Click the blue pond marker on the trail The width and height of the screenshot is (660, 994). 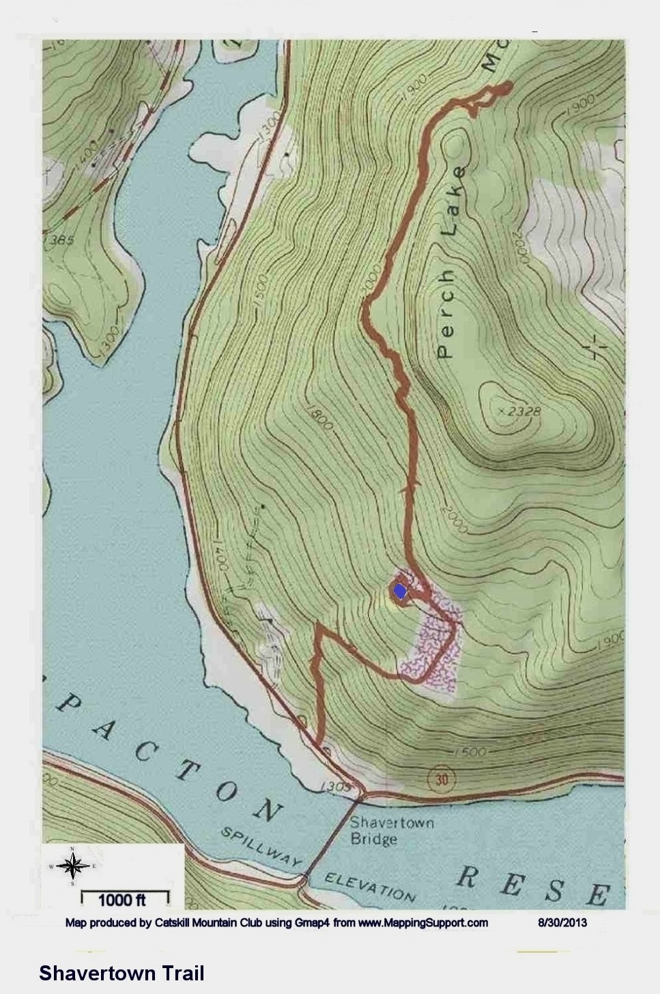pos(399,591)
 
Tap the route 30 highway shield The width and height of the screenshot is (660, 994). pos(442,778)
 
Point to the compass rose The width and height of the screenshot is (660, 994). pos(70,866)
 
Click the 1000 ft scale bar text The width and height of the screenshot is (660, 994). pos(122,900)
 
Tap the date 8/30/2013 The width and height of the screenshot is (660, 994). pos(562,923)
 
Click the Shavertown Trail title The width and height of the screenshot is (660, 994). pos(121,973)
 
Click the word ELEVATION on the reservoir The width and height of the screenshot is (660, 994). pos(369,886)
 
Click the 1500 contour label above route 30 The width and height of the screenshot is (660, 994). pos(469,752)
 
